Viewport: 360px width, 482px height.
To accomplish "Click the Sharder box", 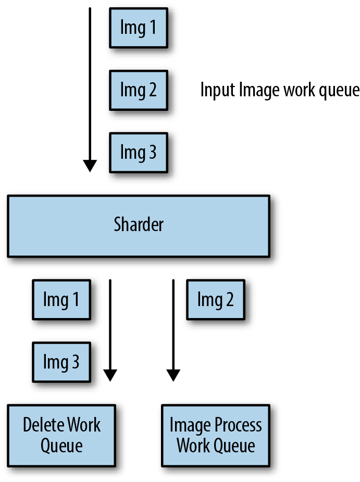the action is coord(139,226).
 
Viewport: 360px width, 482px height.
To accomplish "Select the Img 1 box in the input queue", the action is coord(139,28).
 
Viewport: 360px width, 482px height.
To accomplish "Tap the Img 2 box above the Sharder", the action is coord(139,91).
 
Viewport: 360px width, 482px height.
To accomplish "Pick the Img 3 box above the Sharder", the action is coord(139,153).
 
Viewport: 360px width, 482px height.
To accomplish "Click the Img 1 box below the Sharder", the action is coord(61,300).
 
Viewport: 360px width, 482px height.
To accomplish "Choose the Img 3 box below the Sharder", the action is coord(61,362).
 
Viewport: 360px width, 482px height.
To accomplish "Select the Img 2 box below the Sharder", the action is coord(216,300).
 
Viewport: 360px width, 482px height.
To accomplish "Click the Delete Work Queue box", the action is coord(61,436).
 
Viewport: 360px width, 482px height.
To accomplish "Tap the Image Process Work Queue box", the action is coord(216,436).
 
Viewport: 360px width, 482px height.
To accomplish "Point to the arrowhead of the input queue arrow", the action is coord(90,166).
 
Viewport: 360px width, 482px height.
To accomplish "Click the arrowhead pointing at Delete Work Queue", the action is coord(110,375).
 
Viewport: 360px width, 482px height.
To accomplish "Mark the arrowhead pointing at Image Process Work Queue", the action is coord(173,375).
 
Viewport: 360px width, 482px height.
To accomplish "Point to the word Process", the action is coord(238,425).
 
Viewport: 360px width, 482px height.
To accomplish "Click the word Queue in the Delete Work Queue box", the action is coord(61,446).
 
